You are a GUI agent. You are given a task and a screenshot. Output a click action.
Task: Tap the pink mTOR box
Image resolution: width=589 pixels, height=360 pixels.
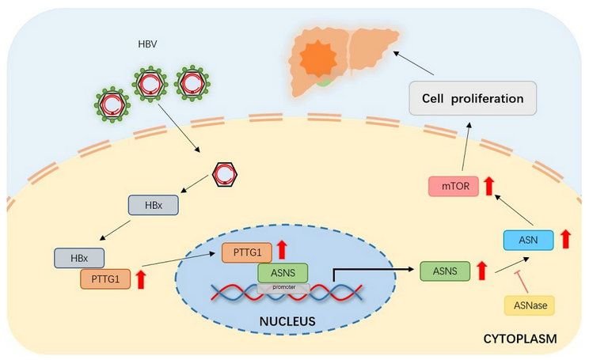coord(453,188)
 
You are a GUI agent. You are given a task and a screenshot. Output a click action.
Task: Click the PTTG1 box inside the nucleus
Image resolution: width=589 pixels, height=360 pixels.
coord(246,252)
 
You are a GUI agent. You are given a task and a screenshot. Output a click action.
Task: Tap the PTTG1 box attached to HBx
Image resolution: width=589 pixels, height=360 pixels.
coord(104,279)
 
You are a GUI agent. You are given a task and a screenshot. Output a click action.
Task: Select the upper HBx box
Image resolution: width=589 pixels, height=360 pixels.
coord(154,205)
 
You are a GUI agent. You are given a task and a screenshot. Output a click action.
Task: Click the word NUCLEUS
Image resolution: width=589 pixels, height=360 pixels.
coord(287,322)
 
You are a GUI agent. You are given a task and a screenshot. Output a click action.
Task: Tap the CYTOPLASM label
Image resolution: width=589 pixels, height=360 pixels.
coord(519,339)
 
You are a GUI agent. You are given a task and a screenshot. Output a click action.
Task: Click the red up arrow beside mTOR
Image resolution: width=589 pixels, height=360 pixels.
coord(489,187)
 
